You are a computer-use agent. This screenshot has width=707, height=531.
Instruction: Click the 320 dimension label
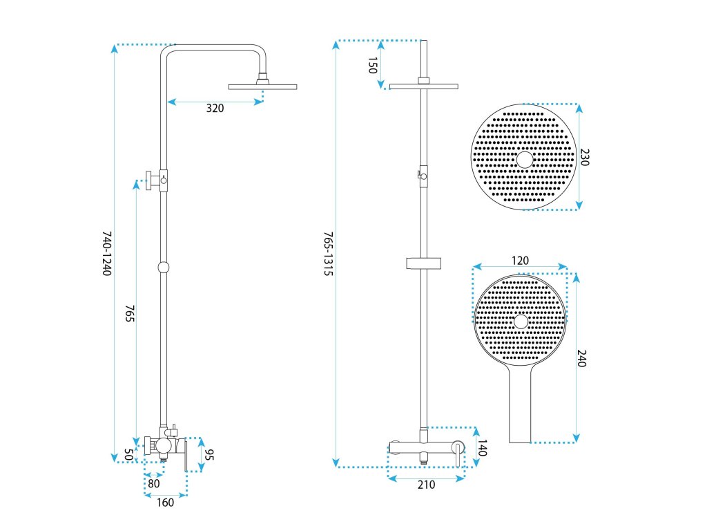pos(215,108)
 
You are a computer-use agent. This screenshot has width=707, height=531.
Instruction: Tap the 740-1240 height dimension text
pos(107,254)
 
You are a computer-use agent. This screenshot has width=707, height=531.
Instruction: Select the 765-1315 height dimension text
pos(329,254)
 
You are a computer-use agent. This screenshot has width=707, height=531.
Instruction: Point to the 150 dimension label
pos(372,66)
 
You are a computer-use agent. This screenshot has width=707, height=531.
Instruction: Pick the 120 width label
pos(520,261)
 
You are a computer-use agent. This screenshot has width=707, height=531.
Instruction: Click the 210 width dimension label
pos(426,485)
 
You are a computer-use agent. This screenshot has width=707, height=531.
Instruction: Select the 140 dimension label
pos(482,449)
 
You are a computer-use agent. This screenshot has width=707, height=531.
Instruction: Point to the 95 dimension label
pos(210,455)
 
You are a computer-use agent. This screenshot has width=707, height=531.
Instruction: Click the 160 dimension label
pos(165,503)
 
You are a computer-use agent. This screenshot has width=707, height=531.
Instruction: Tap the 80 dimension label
pos(153,484)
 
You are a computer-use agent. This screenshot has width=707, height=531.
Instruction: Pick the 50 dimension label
pos(128,454)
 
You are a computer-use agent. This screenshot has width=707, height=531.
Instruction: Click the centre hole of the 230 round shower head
pos(525,160)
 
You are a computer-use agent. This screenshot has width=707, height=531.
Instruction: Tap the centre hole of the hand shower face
pos(521,322)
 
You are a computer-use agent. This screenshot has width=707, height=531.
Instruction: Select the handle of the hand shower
pos(521,408)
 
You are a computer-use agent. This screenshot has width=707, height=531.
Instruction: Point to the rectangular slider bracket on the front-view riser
pos(423,263)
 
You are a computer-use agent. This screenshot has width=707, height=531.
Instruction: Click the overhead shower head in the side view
pos(262,86)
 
